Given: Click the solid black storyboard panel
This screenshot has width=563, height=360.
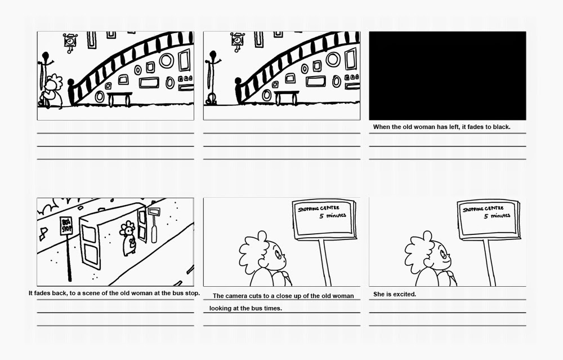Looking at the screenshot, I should [x=447, y=75].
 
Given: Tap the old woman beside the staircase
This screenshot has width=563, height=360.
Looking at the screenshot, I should [x=53, y=91].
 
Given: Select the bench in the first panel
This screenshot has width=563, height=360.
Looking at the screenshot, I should [x=119, y=98].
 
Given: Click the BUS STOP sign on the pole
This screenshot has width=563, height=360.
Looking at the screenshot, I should [x=67, y=226].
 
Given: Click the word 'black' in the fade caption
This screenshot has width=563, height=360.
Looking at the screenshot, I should [x=500, y=127].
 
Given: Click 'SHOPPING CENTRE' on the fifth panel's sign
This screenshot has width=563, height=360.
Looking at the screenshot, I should [x=319, y=210].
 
